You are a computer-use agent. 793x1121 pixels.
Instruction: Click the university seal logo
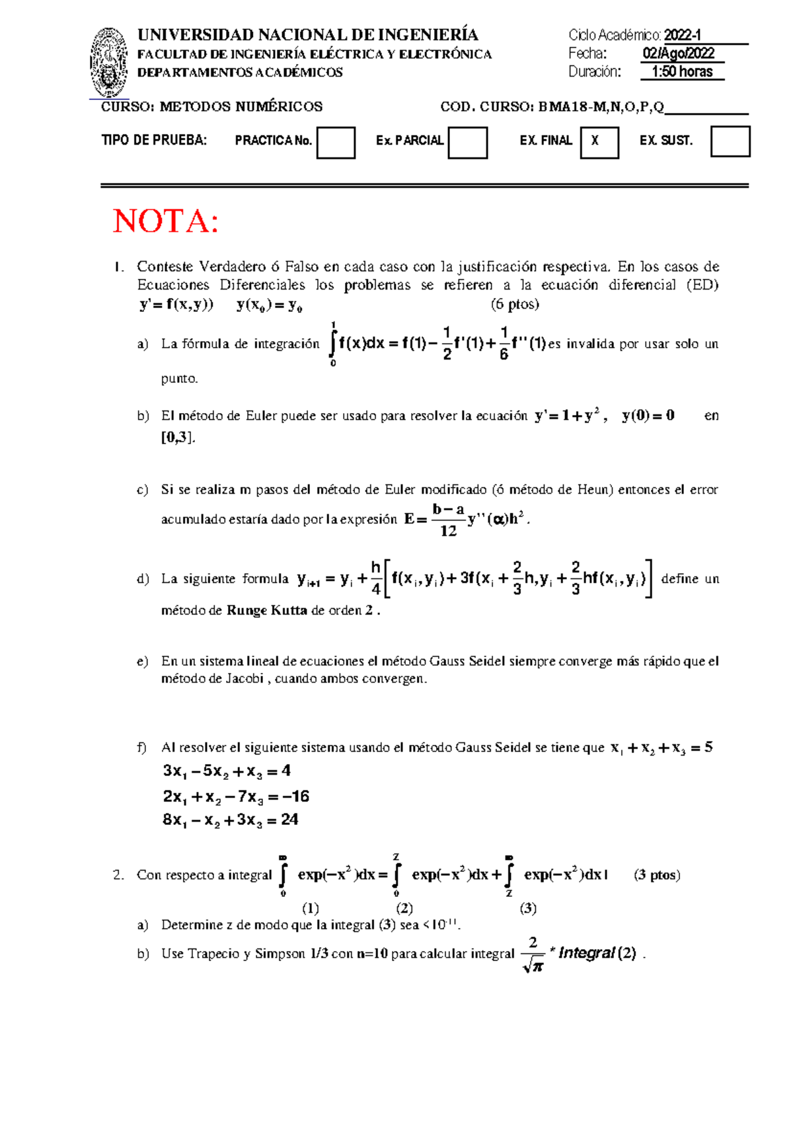point(109,63)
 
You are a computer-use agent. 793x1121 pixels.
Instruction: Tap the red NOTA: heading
point(166,221)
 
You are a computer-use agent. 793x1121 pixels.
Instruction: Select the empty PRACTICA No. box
point(336,143)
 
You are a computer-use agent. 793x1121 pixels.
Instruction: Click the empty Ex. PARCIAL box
point(467,143)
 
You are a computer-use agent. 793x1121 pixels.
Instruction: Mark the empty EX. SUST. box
point(730,141)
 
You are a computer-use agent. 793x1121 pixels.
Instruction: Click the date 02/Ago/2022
point(679,54)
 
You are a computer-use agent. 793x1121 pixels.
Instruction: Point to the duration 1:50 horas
point(682,72)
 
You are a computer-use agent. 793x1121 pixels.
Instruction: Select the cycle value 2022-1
point(683,35)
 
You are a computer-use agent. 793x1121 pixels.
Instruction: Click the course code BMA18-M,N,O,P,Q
point(601,107)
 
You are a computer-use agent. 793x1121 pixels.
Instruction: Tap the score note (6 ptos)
point(515,305)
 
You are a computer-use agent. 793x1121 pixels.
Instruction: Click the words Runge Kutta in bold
point(266,610)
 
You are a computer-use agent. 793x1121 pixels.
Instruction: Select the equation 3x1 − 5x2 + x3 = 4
point(227,771)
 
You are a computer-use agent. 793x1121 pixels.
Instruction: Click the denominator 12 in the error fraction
point(448,531)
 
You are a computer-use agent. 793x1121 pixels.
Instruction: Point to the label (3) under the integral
point(527,908)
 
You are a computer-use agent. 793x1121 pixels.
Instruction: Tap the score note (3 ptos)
point(656,875)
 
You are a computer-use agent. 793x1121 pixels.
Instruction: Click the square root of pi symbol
point(533,966)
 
